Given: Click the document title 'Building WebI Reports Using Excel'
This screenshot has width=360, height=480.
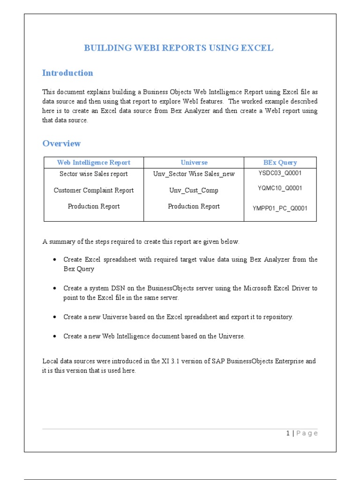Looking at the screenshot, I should (178, 48).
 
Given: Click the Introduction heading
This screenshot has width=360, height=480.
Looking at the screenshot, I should (67, 73).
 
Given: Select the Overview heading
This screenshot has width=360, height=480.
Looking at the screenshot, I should (61, 143).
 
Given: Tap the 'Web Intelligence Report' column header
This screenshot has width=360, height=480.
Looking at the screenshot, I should (94, 163).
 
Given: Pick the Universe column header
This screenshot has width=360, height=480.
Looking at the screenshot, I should (194, 163).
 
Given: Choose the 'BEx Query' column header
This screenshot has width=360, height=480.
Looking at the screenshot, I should (280, 163).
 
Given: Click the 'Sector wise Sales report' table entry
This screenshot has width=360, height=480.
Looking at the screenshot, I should (94, 174).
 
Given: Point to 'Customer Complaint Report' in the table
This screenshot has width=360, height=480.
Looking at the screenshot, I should (94, 190).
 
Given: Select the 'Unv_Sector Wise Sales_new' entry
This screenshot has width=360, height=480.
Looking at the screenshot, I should (194, 174).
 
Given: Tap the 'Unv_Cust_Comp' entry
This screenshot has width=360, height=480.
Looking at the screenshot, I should (194, 190).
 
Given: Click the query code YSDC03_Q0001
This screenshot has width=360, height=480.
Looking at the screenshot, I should (280, 173).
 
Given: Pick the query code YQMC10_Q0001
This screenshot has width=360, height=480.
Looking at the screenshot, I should (280, 188).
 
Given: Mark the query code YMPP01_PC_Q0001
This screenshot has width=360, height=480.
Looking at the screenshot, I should (280, 209).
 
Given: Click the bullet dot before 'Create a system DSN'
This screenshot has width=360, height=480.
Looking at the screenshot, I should (55, 288).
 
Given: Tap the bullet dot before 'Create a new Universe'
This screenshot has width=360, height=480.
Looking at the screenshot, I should (55, 317).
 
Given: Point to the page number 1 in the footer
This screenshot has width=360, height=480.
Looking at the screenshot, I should (288, 434).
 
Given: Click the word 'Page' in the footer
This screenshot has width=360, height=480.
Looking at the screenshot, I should (307, 434).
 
